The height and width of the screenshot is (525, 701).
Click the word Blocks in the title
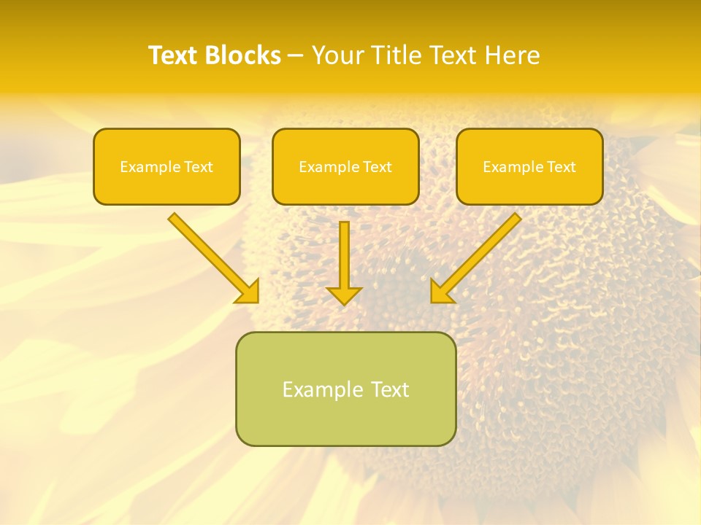[242, 55]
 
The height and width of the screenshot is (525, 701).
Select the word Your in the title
[340, 55]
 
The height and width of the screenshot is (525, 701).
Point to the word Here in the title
[513, 55]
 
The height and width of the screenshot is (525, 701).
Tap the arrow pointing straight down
[344, 255]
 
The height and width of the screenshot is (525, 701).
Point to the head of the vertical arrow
[344, 295]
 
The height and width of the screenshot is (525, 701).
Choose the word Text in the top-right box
[561, 167]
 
